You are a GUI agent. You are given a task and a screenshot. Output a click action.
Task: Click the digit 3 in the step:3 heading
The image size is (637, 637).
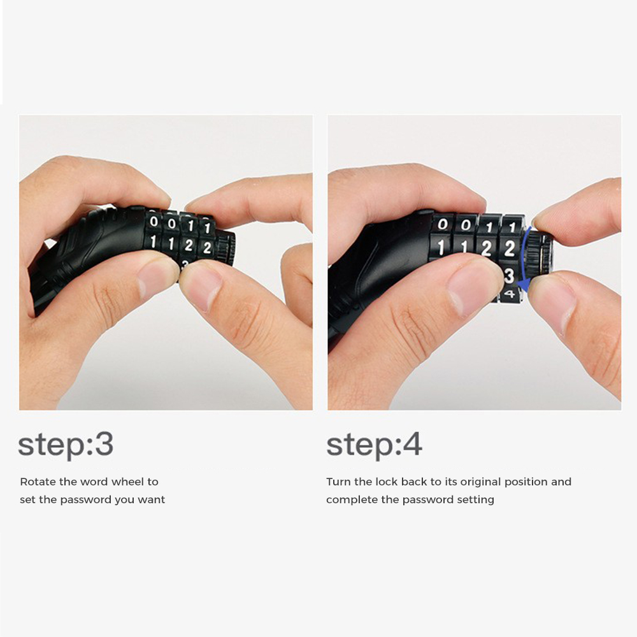coord(104,444)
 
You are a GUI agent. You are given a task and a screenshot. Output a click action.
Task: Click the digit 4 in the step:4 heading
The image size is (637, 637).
coord(412,444)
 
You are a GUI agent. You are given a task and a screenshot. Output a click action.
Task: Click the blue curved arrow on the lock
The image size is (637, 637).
coord(524,260)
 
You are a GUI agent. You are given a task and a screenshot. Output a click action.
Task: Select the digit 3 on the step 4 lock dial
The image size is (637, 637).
coord(509,276)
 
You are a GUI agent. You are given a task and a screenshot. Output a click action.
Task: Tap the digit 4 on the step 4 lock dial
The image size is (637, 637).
coord(510,293)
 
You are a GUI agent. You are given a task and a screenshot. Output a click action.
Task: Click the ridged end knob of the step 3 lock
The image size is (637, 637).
coord(225,247)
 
